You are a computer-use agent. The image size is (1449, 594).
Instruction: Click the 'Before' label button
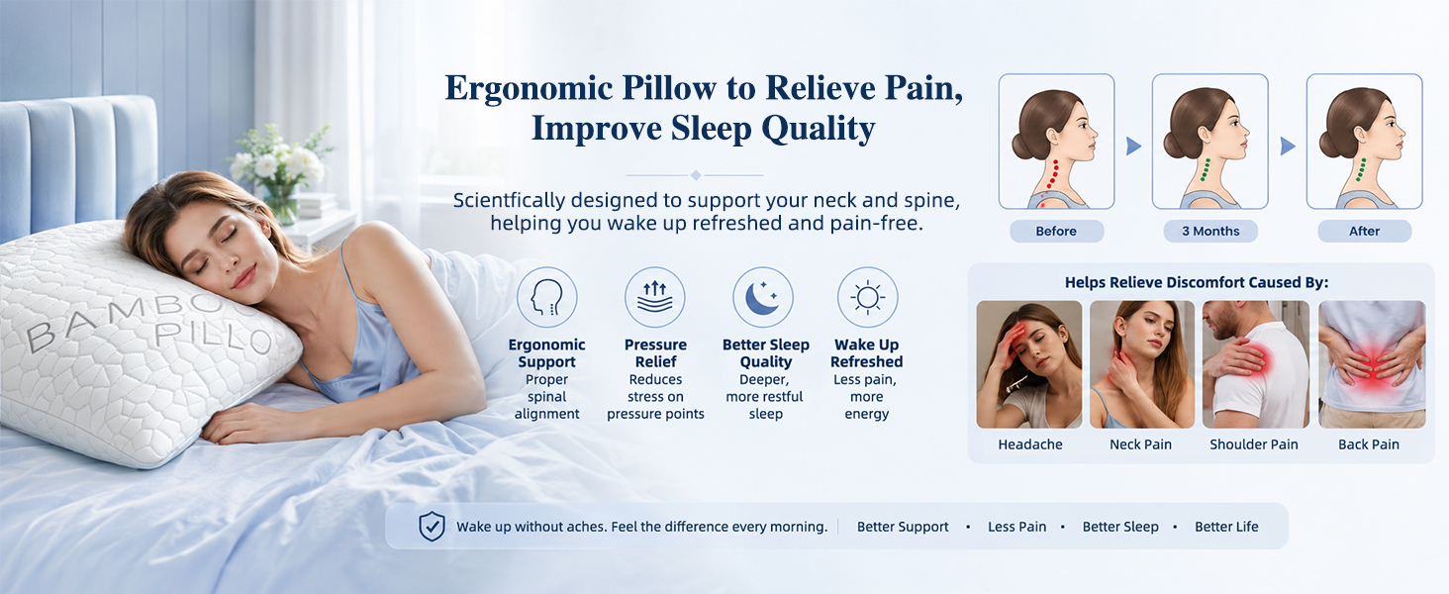pos(1056,231)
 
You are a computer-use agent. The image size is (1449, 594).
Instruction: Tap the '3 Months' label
pos(1210,231)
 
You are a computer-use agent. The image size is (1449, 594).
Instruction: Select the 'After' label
pos(1364,231)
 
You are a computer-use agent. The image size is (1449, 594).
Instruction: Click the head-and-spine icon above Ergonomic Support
pos(546,298)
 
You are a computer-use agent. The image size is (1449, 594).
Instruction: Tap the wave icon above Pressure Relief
pos(654,298)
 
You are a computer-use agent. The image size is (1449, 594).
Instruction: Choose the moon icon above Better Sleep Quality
pos(763,298)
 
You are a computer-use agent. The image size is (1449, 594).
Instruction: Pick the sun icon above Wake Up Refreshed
pos(867,298)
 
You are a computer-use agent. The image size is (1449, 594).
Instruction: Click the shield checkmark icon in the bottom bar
pos(432,526)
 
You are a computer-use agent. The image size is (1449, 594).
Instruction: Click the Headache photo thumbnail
pos(1029,364)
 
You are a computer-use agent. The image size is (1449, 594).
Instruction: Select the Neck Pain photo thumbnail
pos(1142,364)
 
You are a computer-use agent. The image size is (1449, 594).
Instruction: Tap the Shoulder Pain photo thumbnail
pos(1256,364)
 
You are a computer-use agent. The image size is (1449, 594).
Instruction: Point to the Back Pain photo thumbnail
pos(1372,364)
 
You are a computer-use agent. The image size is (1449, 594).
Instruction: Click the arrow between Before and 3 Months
pos(1133,147)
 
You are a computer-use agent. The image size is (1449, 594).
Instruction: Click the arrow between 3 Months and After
pos(1288,147)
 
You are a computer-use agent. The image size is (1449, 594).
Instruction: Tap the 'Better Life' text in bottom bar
pos(1226,527)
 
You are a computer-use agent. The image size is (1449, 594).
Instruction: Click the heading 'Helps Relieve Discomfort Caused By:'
pos(1197,283)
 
